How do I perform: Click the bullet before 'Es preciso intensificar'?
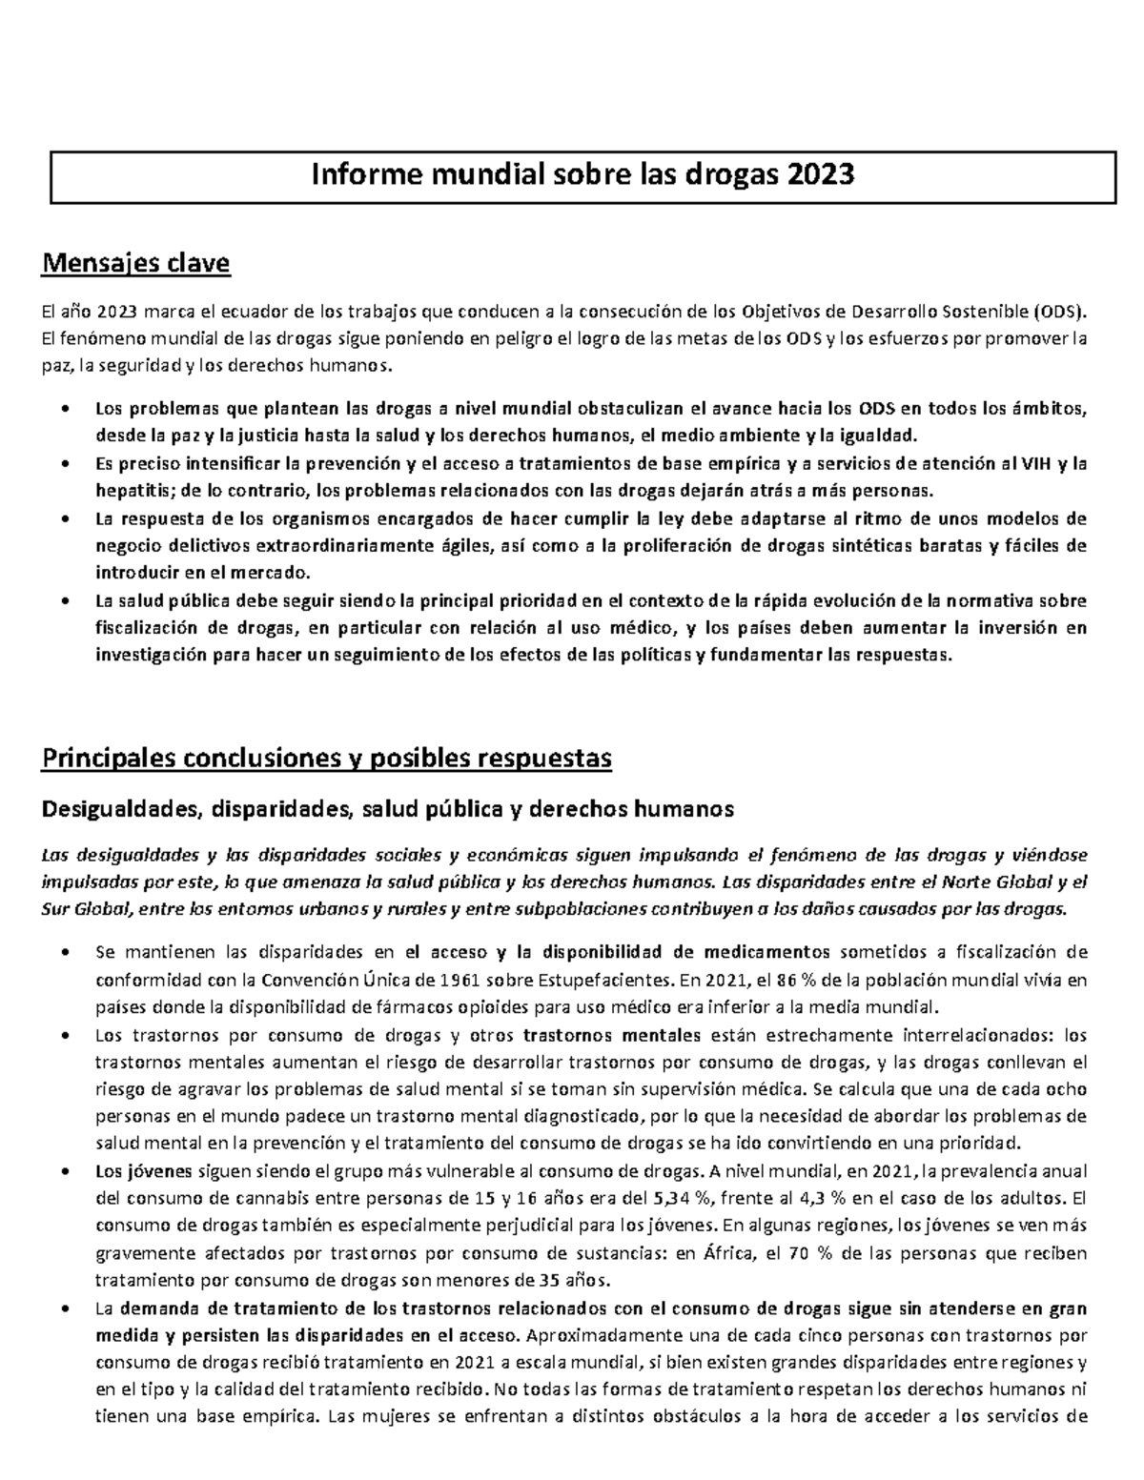(x=64, y=465)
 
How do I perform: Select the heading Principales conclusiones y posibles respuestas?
(x=325, y=759)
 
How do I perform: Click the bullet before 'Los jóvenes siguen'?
(x=64, y=1171)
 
